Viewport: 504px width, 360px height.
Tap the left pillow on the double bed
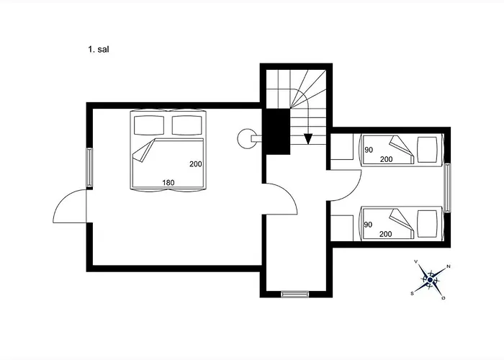click(x=149, y=125)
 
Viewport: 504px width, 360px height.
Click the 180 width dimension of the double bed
click(x=168, y=182)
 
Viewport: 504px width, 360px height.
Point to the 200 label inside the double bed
click(x=195, y=164)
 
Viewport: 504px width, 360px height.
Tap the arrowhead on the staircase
click(x=308, y=139)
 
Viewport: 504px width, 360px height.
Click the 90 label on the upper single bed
click(x=367, y=150)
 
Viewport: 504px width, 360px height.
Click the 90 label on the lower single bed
click(x=367, y=225)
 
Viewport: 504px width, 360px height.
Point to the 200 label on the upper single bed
click(x=386, y=159)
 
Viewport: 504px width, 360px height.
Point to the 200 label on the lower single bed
click(x=386, y=234)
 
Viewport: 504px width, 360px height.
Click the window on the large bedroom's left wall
click(x=89, y=168)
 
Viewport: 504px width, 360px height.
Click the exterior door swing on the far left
click(x=69, y=209)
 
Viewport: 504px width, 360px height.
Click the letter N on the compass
click(x=449, y=266)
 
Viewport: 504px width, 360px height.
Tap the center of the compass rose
click(x=430, y=279)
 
